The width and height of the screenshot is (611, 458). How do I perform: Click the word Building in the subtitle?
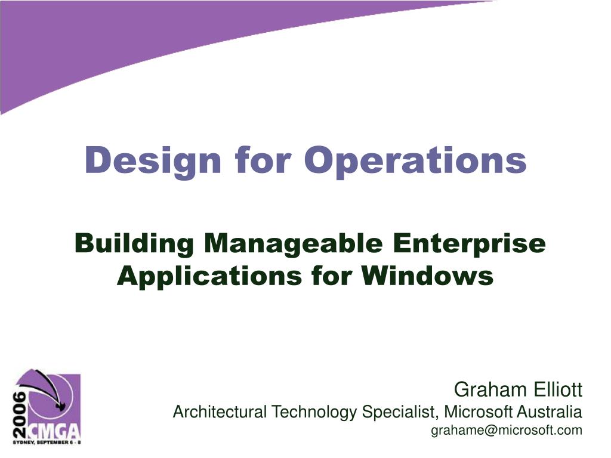[134, 245]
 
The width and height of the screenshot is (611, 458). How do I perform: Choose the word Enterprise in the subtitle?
[468, 245]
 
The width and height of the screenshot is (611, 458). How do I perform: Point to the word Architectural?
[220, 411]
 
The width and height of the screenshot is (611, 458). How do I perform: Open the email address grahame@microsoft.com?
[506, 431]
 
